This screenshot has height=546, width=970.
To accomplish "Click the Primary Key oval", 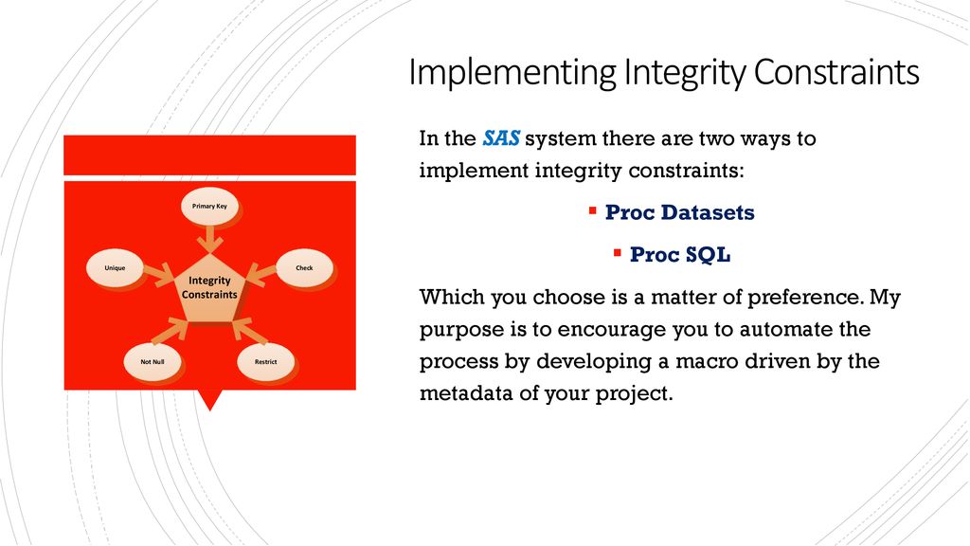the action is point(209,206).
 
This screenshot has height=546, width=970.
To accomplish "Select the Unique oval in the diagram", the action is point(115,268).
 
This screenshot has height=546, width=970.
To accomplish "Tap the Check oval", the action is point(304,268).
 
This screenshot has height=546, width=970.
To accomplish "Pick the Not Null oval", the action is point(153,361).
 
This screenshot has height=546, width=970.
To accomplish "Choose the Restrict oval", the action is point(266,361).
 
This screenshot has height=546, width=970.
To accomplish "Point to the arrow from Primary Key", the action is point(210,240).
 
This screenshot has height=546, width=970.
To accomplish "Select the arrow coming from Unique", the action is point(159,274).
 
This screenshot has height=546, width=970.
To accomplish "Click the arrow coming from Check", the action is point(261,274).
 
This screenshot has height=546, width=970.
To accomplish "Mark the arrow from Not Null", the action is point(170,330).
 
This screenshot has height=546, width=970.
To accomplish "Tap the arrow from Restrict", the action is point(249,330).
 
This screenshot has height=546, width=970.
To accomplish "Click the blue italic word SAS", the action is point(501,138).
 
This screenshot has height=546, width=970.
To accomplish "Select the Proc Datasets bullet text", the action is point(680,212).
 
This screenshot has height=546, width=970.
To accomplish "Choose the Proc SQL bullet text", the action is point(680,254).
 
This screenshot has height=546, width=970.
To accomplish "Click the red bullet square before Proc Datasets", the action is point(593,211).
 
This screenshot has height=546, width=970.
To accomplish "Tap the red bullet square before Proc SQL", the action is point(618,252).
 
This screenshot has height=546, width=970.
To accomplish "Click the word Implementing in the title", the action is point(512,73).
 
